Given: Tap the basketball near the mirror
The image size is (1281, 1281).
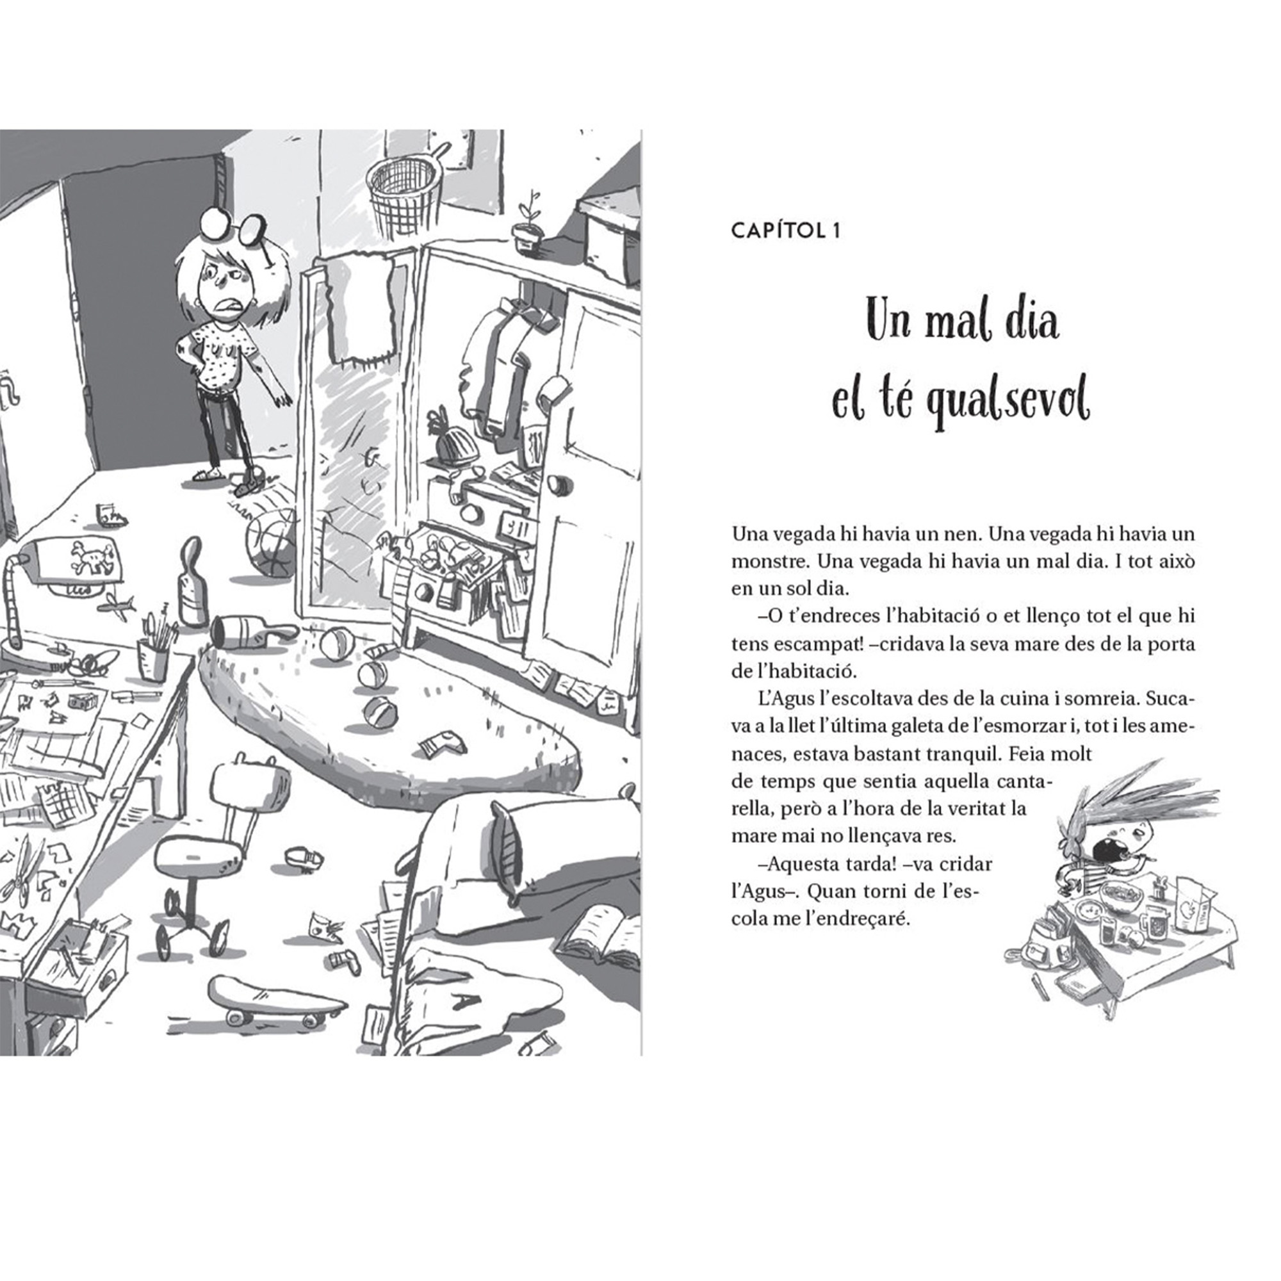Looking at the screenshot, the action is click(x=271, y=544).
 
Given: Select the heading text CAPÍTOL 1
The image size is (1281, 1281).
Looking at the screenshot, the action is click(x=786, y=231).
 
